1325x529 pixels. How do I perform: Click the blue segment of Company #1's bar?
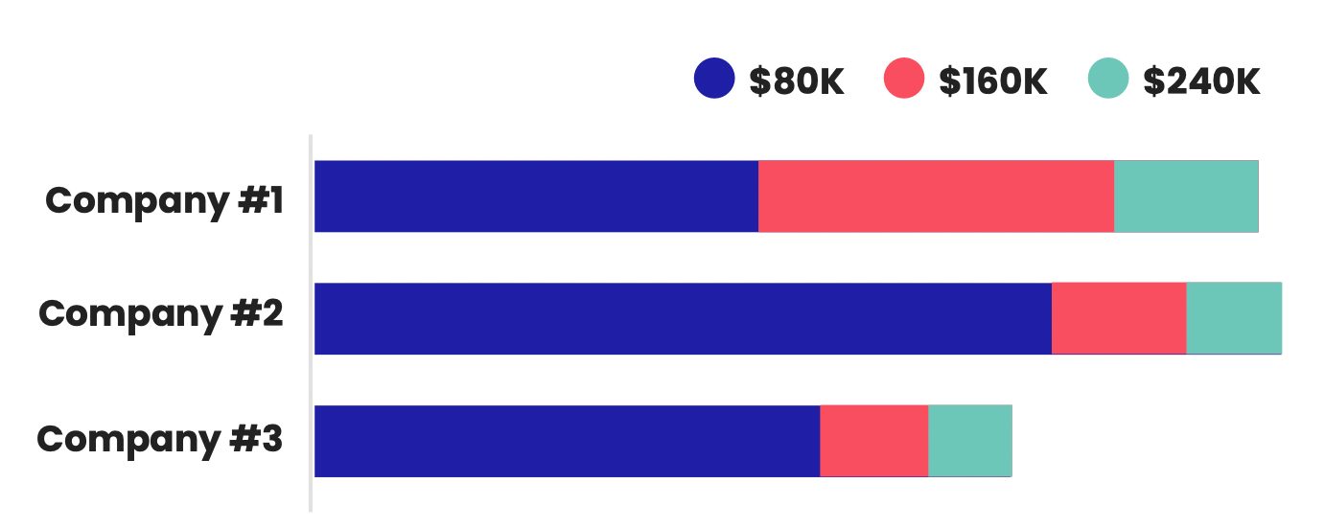(x=536, y=196)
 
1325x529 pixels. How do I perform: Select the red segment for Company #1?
(x=936, y=196)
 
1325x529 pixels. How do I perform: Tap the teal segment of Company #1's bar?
(x=1186, y=196)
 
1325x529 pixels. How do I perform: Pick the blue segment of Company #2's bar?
(x=683, y=318)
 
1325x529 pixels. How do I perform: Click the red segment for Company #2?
(x=1119, y=318)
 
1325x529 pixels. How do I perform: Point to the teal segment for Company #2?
(x=1234, y=318)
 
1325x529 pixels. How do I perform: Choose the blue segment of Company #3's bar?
(x=567, y=441)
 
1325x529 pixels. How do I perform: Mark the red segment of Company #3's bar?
(x=873, y=441)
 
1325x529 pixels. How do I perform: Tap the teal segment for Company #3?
(x=969, y=441)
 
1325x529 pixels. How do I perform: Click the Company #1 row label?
(x=164, y=201)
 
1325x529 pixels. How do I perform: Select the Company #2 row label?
(x=161, y=314)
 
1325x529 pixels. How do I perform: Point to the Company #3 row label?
(x=160, y=439)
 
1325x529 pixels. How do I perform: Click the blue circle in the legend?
(x=714, y=79)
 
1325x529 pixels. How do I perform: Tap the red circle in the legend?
(x=903, y=79)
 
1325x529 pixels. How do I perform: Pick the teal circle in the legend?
(x=1108, y=79)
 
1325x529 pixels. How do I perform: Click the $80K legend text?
(x=797, y=81)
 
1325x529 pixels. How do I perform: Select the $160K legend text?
(x=993, y=81)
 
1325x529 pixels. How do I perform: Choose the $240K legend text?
(x=1201, y=81)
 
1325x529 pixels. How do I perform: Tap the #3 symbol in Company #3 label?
(x=254, y=439)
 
